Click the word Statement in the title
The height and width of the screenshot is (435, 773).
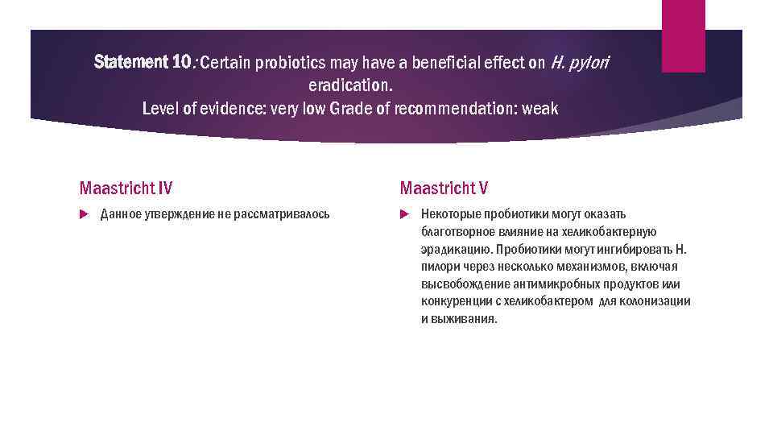coord(130,62)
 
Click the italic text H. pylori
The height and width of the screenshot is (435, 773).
coord(580,64)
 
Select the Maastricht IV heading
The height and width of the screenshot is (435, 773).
coord(126,188)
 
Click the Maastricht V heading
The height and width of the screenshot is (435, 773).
coord(444,188)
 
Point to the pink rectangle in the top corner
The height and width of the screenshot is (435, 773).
coord(683,35)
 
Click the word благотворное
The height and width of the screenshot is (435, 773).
coord(457,232)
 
